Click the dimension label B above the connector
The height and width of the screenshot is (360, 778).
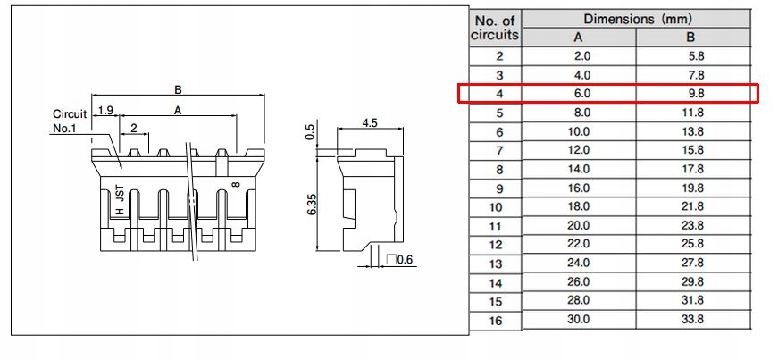click(179, 89)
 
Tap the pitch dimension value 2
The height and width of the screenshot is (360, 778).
click(134, 129)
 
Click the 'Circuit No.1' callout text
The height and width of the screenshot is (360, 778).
click(70, 121)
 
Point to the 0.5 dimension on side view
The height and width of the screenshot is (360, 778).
click(311, 133)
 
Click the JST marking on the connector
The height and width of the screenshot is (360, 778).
click(120, 196)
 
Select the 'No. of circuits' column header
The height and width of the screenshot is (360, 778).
click(494, 29)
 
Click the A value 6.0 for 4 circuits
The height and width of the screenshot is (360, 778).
click(578, 94)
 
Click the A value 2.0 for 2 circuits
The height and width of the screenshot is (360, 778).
click(578, 56)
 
